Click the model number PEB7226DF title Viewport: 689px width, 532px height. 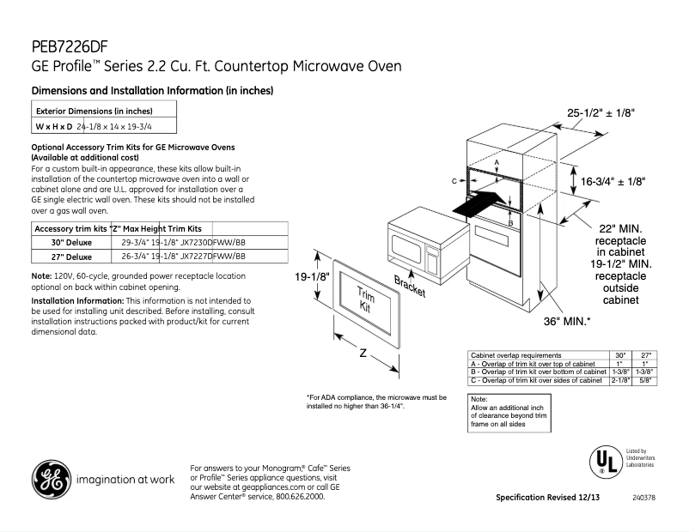coord(70,46)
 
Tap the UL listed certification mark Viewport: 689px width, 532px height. coord(605,460)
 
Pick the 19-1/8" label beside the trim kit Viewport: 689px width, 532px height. coord(312,277)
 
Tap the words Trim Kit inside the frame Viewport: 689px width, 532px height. coord(368,299)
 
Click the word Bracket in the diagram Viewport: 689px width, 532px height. coord(409,287)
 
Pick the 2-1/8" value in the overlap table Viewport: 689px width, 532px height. coord(620,379)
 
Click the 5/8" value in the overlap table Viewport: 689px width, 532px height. coord(645,379)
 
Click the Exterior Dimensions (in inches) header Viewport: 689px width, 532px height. coord(94,111)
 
